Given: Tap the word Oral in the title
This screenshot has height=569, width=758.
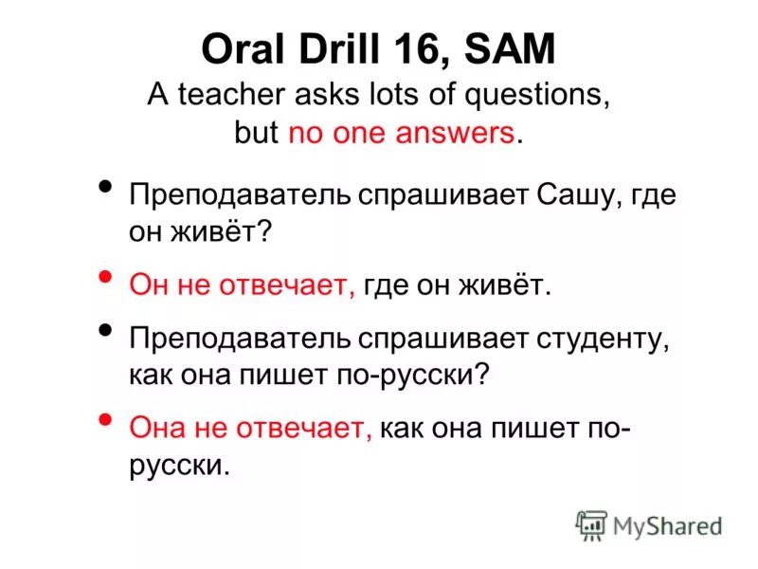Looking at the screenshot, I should (235, 49).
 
